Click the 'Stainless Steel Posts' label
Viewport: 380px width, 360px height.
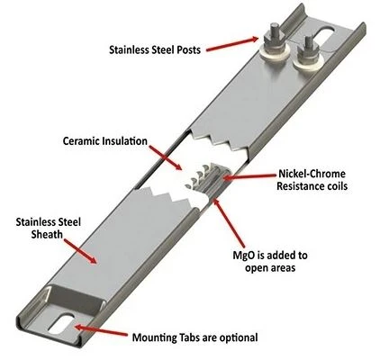click(x=155, y=49)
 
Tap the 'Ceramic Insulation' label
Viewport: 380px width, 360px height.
click(x=105, y=140)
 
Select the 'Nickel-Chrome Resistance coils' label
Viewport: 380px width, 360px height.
click(x=312, y=180)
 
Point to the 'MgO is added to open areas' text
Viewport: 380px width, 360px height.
click(x=270, y=261)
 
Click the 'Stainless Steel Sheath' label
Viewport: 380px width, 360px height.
click(x=49, y=228)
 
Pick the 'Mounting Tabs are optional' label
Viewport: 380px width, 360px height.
click(x=195, y=337)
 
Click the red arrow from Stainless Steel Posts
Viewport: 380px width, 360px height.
click(x=232, y=44)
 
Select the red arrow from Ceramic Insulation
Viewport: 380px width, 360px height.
click(x=166, y=157)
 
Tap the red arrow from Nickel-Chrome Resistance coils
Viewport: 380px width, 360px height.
click(x=249, y=177)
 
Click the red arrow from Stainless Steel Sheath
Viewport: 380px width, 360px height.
click(x=80, y=251)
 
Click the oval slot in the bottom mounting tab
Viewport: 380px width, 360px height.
click(x=61, y=324)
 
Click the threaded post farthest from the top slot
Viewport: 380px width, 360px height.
click(x=275, y=38)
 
